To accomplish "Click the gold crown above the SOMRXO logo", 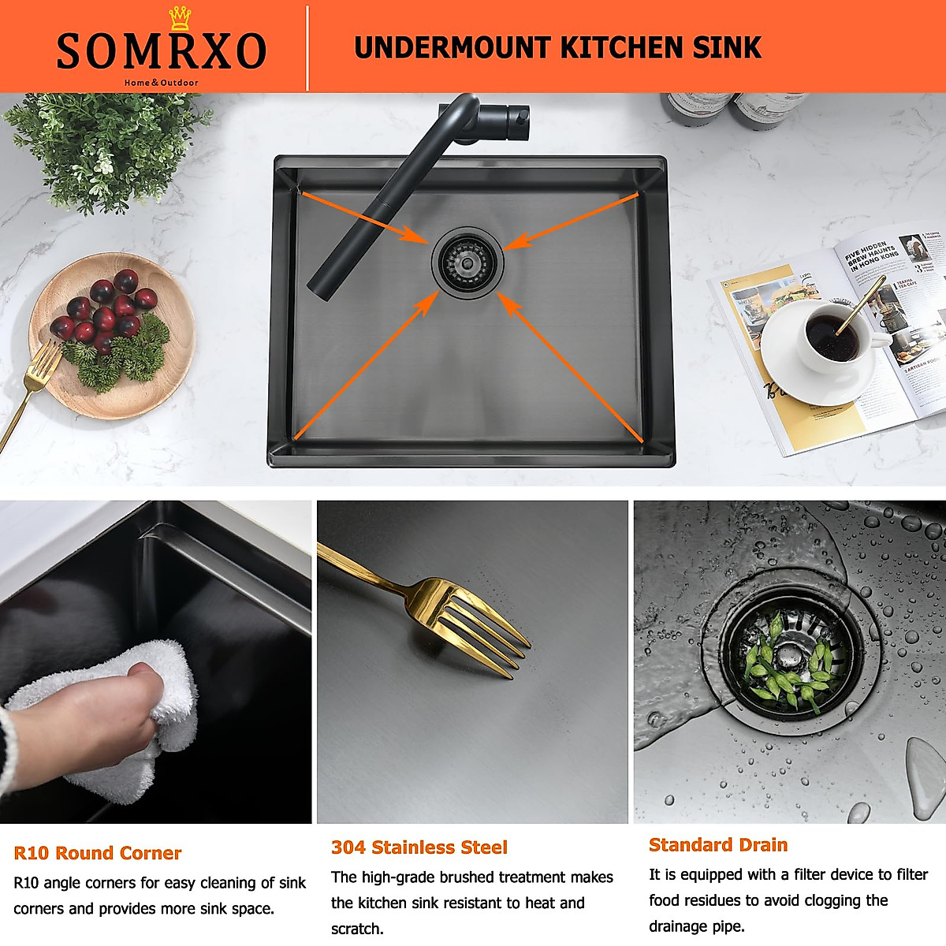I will coord(180,18).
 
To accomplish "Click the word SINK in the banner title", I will coord(727,48).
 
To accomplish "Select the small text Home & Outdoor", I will coord(161,83).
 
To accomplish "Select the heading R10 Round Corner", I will coord(97,853).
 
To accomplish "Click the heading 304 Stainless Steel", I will coord(419,847).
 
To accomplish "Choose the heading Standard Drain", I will coord(717,845).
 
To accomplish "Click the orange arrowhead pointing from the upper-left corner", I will coord(412,234).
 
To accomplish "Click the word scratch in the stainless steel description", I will coord(356,929).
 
